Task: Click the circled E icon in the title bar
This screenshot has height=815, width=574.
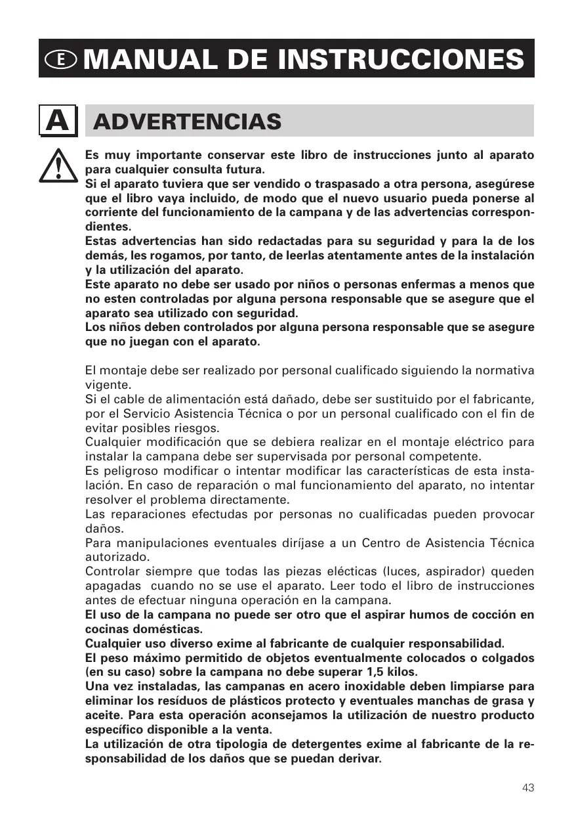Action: pos(61,59)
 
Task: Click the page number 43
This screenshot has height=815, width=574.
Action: pos(528,787)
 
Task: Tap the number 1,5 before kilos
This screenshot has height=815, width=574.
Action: pos(372,672)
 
